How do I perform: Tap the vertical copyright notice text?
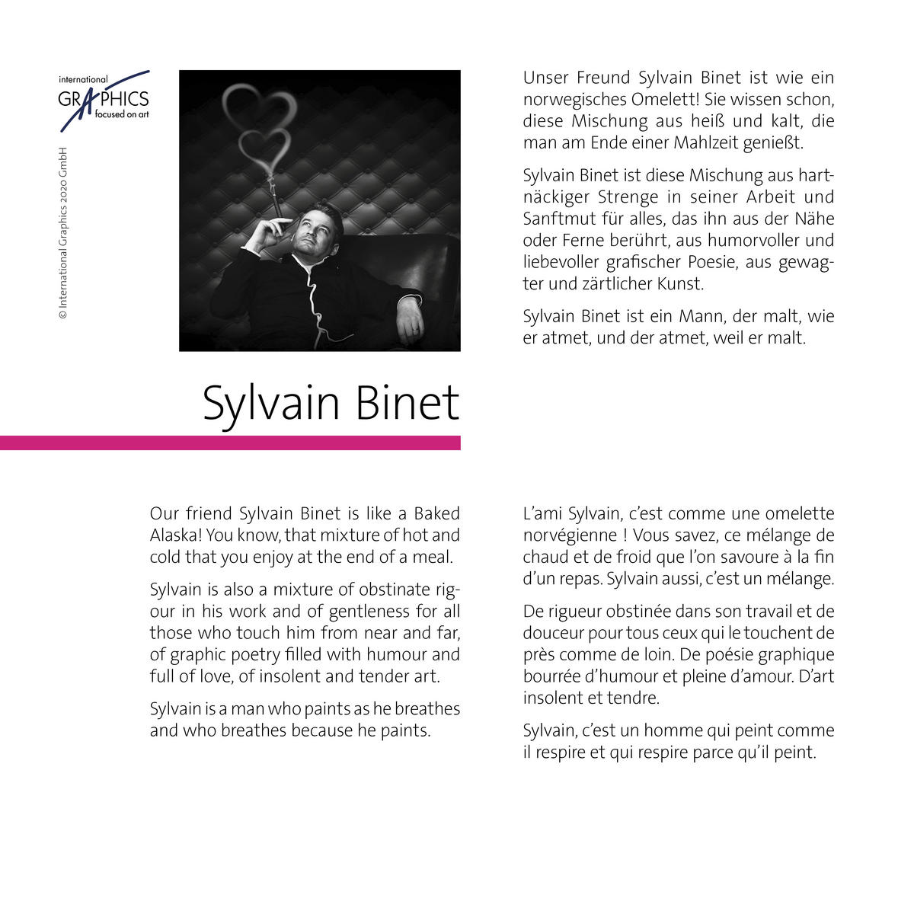pos(64,232)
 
